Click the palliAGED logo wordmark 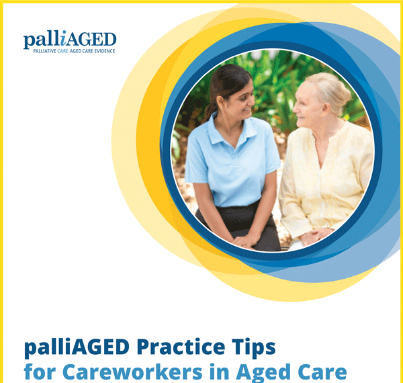tap(70, 39)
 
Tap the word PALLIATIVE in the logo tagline tap(44, 51)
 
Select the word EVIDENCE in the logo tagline tap(105, 51)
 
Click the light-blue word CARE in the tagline tap(62, 51)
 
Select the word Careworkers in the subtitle tap(132, 372)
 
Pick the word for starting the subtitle tap(40, 372)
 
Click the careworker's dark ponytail tap(211, 111)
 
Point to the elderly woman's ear tap(325, 110)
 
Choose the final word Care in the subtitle tap(322, 372)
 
